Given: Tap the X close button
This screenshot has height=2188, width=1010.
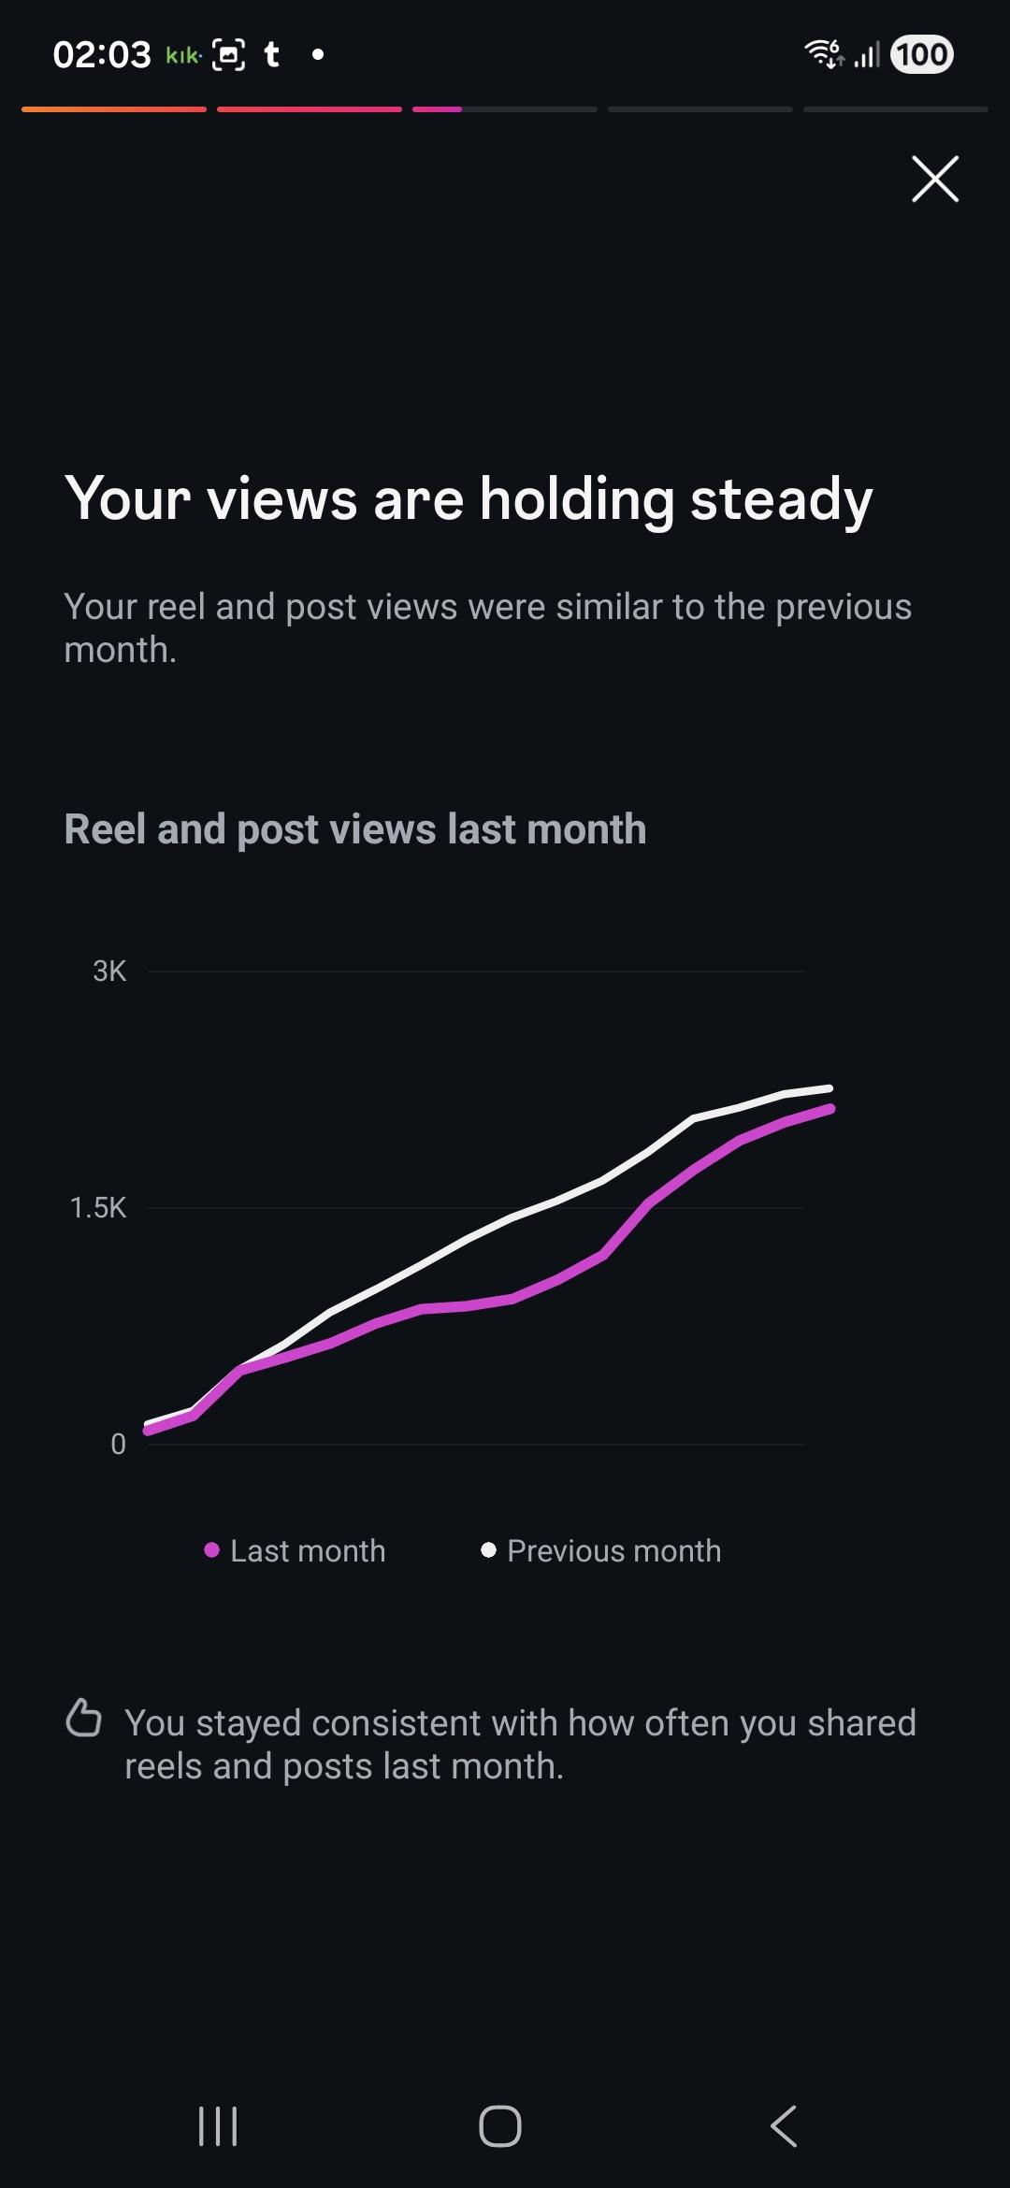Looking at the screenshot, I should (x=935, y=179).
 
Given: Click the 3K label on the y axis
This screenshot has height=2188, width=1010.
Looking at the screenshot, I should (x=109, y=972).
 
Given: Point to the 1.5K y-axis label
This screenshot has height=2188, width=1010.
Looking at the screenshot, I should (x=98, y=1208).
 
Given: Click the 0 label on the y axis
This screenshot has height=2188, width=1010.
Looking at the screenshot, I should (x=118, y=1445).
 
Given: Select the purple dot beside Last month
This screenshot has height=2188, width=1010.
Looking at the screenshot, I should (x=212, y=1550).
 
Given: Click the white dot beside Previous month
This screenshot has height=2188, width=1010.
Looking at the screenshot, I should (x=488, y=1550).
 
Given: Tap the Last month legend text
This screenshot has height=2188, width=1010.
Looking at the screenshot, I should (x=308, y=1551).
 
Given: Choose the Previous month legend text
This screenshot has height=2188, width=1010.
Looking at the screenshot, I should (x=613, y=1551).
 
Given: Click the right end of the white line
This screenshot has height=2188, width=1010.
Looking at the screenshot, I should (x=830, y=1088).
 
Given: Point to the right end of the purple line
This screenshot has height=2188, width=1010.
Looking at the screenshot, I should (x=830, y=1109).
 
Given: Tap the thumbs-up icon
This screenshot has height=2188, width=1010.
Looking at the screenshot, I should (x=83, y=1719).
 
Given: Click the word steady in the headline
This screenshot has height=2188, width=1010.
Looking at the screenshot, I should (x=781, y=500).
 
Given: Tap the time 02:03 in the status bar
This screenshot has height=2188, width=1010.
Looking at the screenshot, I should (x=102, y=55).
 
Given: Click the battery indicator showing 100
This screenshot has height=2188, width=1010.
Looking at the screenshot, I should (x=922, y=54).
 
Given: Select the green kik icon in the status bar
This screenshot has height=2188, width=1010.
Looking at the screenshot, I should (x=183, y=56).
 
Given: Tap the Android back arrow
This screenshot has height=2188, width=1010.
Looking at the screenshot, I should (x=784, y=2126).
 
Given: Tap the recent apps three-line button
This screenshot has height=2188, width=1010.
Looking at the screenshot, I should (x=218, y=2126).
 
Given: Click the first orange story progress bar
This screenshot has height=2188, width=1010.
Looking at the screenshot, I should (x=114, y=109).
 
